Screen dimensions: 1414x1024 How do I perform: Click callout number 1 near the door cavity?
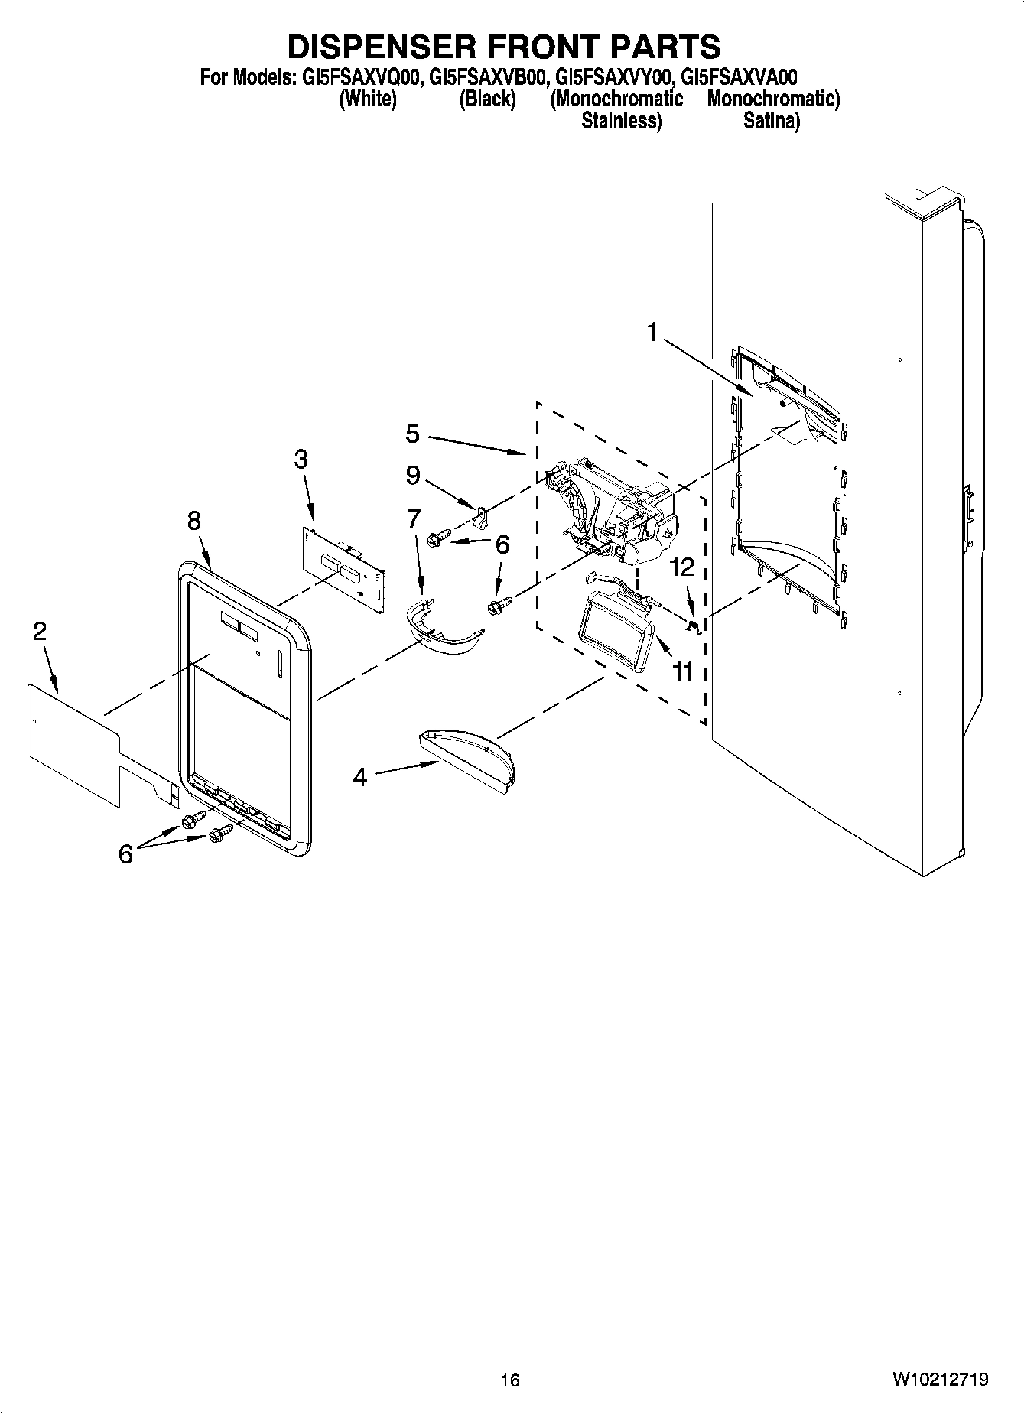[x=652, y=333]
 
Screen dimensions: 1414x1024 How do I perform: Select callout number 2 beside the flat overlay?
[x=40, y=631]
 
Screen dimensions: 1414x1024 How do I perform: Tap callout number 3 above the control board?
[x=301, y=460]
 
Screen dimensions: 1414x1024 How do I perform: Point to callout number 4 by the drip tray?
[x=359, y=778]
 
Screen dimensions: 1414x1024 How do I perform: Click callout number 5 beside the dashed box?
[x=412, y=434]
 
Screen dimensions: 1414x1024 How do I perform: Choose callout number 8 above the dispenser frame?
[x=194, y=521]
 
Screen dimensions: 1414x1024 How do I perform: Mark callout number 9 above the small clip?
[x=412, y=476]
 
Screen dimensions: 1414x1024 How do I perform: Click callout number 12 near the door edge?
[x=682, y=567]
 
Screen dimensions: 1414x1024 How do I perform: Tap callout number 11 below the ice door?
[x=682, y=671]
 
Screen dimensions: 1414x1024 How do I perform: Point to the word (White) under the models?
[x=368, y=99]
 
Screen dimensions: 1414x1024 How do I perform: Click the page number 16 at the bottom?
[x=510, y=1380]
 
